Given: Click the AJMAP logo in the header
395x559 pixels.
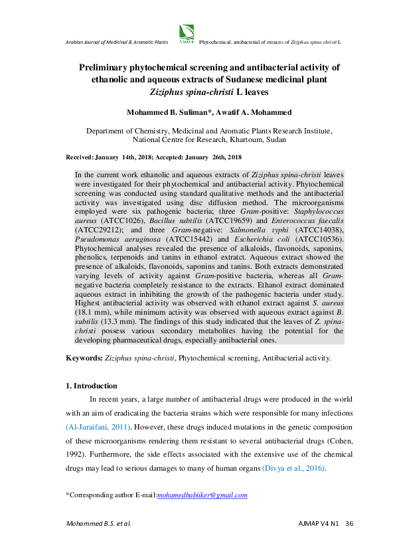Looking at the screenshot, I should tap(187, 33).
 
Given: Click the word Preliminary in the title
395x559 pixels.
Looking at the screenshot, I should tap(108, 68).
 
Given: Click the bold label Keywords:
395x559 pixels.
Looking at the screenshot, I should tap(84, 359).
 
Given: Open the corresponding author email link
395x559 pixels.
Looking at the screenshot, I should tap(202, 495).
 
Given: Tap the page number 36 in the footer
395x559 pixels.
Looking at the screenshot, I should tap(349, 524).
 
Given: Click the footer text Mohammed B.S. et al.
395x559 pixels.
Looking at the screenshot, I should tap(98, 524).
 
